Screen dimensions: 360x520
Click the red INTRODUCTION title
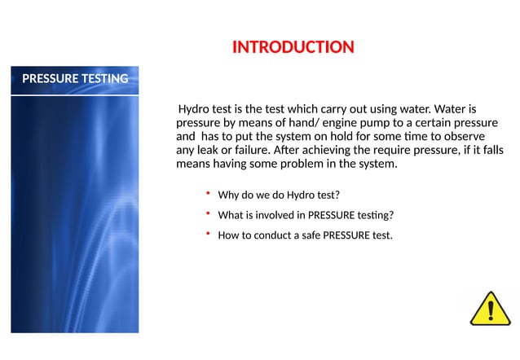point(293,46)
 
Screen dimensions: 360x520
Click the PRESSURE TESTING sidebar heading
point(75,79)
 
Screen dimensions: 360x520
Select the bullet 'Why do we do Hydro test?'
point(278,195)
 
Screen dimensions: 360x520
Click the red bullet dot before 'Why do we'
point(208,193)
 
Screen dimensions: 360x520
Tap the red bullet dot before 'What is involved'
point(208,213)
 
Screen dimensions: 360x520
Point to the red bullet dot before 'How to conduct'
point(208,234)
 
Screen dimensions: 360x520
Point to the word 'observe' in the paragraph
point(461,136)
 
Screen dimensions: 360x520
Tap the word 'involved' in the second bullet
point(275,216)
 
